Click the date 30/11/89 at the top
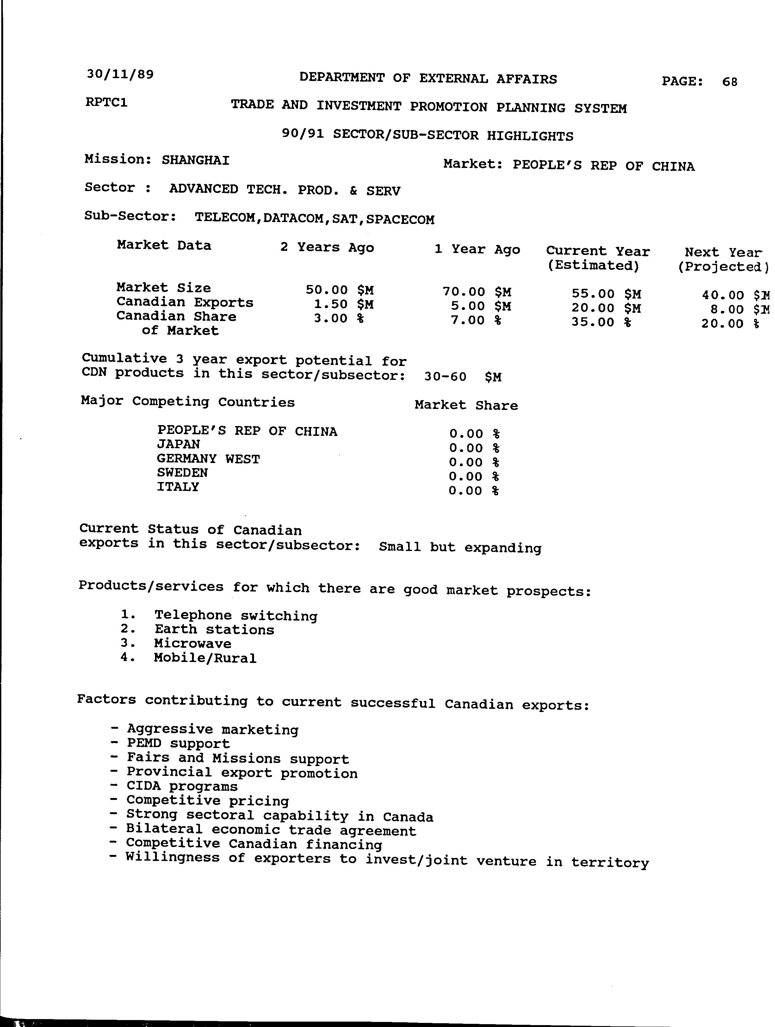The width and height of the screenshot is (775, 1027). tap(120, 74)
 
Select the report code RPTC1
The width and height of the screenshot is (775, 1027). tap(106, 102)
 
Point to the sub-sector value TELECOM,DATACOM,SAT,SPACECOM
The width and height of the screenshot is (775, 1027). tap(314, 219)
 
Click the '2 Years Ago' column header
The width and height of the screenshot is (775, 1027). tap(327, 247)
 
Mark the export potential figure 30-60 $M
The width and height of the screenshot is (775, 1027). tap(462, 376)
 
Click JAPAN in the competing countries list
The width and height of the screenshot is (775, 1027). tap(178, 445)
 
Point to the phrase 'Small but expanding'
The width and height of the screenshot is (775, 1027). tap(460, 548)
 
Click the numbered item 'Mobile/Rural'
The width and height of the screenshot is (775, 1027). tap(205, 658)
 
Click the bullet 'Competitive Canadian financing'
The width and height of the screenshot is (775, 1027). tap(254, 844)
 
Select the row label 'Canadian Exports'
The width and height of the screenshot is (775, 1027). tap(185, 302)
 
